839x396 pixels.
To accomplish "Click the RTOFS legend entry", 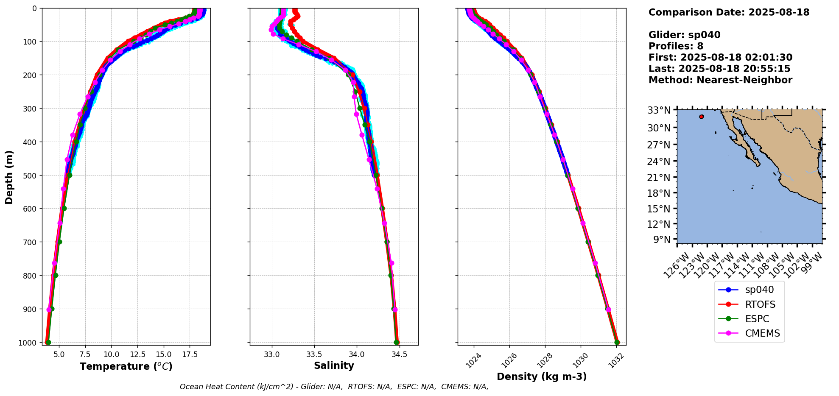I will (x=760, y=304).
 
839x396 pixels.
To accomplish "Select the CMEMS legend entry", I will (x=762, y=333).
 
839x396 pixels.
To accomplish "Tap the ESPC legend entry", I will (x=757, y=319).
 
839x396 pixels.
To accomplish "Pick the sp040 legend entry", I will (x=759, y=290).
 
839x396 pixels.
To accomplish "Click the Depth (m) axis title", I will (x=9, y=177).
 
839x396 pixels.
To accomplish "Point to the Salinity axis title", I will (x=334, y=365).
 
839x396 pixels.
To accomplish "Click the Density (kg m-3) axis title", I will (x=542, y=376).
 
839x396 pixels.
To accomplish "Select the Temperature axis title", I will (x=126, y=366).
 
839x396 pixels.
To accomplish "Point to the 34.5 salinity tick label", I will (x=399, y=354).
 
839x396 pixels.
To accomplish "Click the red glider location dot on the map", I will (x=702, y=117).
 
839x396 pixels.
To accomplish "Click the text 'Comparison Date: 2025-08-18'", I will (x=729, y=12).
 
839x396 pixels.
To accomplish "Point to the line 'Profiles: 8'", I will (x=676, y=46).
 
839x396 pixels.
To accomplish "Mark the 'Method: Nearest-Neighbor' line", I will (x=720, y=80).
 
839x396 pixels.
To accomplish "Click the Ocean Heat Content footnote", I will (x=334, y=387).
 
